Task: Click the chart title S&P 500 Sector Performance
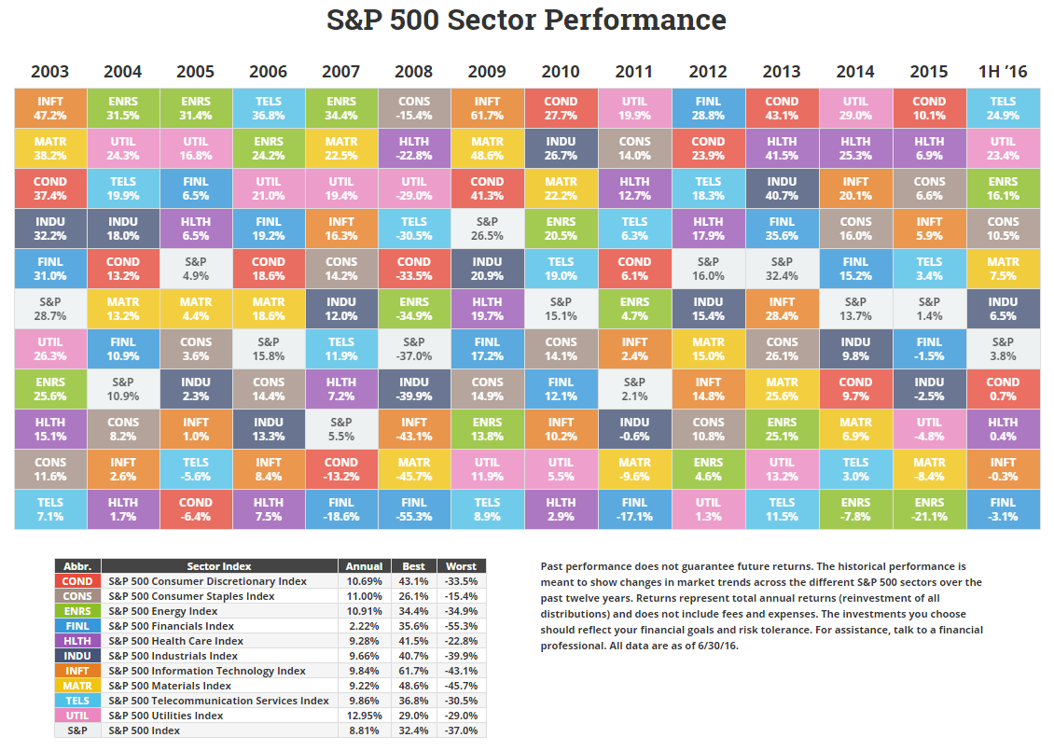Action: (x=526, y=20)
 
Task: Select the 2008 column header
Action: (x=414, y=72)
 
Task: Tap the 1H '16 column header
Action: (x=1003, y=72)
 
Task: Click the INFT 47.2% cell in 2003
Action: (x=50, y=108)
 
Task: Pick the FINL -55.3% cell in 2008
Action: (x=414, y=509)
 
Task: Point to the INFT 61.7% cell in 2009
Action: (x=487, y=108)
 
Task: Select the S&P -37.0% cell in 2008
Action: (x=414, y=349)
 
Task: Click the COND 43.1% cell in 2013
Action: (x=782, y=108)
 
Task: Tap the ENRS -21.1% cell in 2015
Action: (x=928, y=509)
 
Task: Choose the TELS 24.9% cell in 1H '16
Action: (x=1003, y=108)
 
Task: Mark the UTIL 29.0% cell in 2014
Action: (x=854, y=108)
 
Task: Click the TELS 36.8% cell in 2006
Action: (x=269, y=108)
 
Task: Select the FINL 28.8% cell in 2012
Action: (x=708, y=108)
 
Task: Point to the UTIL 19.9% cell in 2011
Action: (x=634, y=108)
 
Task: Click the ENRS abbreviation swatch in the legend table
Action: (x=77, y=611)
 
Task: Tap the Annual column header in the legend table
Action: (x=364, y=566)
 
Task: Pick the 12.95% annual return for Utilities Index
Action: (x=364, y=716)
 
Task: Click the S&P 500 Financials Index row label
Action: (x=171, y=626)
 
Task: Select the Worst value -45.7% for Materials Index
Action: (x=461, y=686)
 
